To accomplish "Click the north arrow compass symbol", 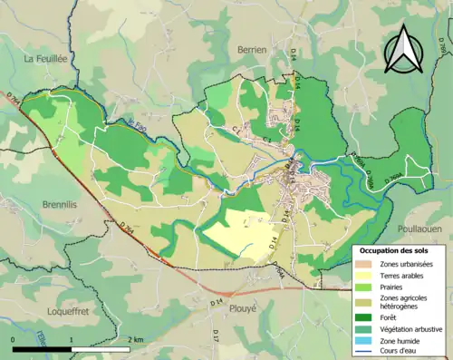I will coord(405,50).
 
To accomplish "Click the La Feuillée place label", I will coord(46,59).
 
